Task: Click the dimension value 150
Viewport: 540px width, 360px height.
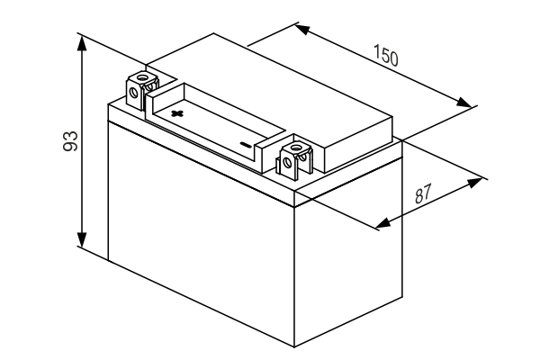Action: click(386, 56)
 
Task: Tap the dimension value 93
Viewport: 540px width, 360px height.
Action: click(70, 140)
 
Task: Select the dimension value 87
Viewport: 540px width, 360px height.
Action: click(423, 193)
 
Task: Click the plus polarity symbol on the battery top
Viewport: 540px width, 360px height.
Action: click(177, 113)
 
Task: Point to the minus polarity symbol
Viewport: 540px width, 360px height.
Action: click(246, 144)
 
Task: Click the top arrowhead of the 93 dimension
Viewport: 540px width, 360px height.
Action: click(82, 43)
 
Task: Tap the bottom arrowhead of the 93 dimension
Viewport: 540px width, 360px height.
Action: click(82, 239)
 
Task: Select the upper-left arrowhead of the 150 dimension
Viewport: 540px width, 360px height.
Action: click(304, 29)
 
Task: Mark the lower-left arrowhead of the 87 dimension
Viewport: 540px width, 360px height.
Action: click(383, 223)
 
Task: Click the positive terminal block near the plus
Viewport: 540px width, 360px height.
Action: click(142, 90)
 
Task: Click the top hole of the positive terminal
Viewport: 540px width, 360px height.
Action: click(141, 76)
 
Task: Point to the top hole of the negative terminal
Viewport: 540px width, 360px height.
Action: click(295, 148)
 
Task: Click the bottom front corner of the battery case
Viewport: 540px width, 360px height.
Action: click(294, 346)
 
